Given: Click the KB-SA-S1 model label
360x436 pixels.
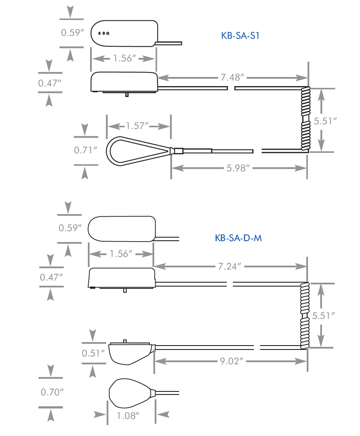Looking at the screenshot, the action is [240, 35].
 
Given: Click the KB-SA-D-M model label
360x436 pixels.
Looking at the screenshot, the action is [238, 238].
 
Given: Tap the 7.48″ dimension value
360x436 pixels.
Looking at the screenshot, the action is [232, 77].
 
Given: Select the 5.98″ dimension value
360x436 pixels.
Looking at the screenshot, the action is [238, 168].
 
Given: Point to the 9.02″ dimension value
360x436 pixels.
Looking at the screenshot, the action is [232, 361].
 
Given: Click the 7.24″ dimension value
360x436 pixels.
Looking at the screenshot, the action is [229, 266].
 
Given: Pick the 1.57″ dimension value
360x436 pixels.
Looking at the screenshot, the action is [137, 126].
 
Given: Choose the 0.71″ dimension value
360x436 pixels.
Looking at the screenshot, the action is [86, 150].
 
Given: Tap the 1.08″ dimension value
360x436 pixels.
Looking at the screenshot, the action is [128, 416].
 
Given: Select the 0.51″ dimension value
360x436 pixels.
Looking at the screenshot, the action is [93, 353].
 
